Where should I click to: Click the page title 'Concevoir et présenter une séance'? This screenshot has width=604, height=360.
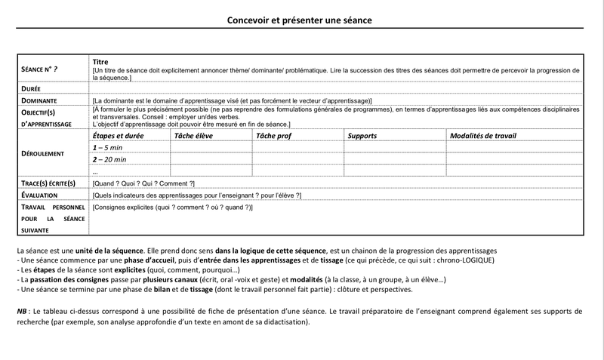pos(300,20)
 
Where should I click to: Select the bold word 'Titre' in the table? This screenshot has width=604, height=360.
pos(100,62)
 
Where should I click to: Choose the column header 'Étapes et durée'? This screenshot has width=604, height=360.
pos(118,136)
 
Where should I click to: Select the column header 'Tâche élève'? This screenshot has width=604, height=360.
pos(194,136)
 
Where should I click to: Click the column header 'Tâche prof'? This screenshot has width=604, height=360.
pos(274,136)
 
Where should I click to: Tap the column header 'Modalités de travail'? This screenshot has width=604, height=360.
pos(483,136)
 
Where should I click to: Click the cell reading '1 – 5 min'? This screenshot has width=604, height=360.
pos(107,148)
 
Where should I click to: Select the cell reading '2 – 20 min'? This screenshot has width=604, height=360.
pos(109,160)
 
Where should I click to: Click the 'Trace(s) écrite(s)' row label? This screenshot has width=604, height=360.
pos(48,183)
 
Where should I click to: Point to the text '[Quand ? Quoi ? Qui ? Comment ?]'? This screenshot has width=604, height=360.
pos(143,183)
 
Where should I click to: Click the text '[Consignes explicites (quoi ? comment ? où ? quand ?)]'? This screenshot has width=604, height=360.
pos(172,207)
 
